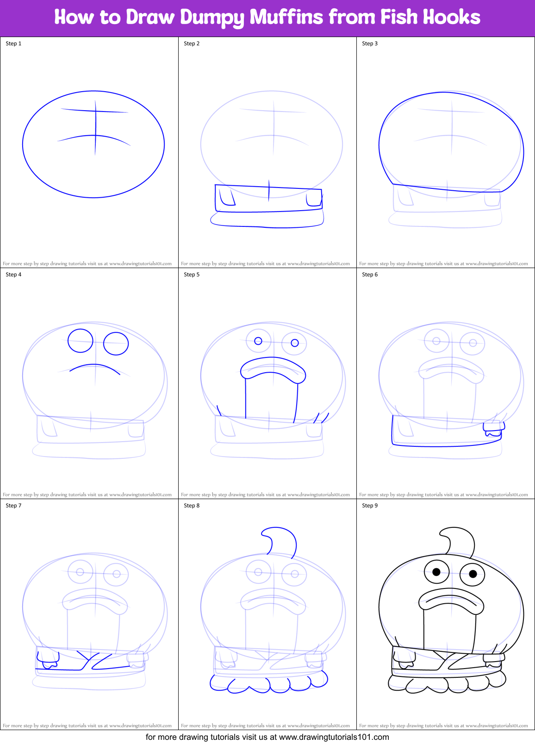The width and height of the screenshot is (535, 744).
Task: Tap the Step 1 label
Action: coord(13,44)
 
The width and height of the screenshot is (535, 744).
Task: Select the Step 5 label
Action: coord(192,275)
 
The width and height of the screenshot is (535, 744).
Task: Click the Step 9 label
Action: coord(370,506)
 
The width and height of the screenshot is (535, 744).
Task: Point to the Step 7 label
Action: coord(13,506)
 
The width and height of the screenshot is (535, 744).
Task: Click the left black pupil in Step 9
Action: coord(436,572)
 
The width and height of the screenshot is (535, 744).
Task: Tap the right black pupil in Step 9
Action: coord(473,574)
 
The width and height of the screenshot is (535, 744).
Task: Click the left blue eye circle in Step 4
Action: coord(81,341)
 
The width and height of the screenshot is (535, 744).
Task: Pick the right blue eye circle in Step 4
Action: coord(116,344)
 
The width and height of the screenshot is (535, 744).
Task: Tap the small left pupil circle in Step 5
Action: coord(258,341)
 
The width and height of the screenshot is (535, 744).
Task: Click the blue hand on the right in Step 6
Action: coord(493,429)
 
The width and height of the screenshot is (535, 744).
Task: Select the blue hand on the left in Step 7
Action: coord(48,660)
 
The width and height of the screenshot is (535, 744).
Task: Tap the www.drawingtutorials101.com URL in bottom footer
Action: coord(334,737)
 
